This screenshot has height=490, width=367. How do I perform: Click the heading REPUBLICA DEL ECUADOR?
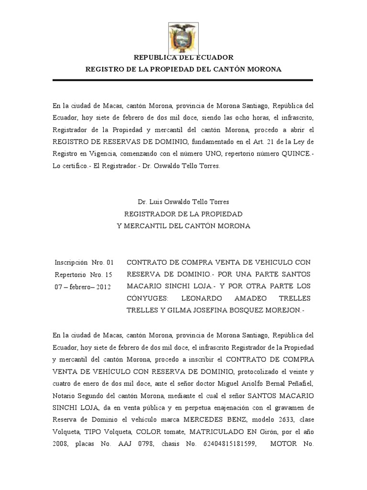[x=183, y=57]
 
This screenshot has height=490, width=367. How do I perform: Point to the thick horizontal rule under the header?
[x=183, y=80]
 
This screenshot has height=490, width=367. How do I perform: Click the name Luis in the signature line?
[x=154, y=201]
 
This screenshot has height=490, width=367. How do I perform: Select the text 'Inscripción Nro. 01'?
[x=84, y=262]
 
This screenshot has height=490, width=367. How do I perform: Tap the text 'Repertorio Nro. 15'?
[x=83, y=275]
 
